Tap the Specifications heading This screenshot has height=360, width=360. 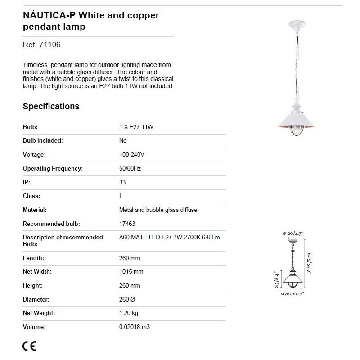click(x=51, y=107)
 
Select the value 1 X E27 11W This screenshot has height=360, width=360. click(x=136, y=127)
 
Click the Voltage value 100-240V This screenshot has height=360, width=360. click(x=132, y=155)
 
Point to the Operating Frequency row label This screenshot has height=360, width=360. click(x=53, y=169)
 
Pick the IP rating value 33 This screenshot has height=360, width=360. click(x=122, y=182)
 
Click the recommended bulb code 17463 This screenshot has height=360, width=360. click(x=127, y=224)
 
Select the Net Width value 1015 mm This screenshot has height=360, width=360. click(x=131, y=272)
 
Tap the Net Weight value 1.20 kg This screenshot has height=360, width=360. click(x=129, y=313)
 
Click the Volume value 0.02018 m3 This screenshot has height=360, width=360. click(x=135, y=327)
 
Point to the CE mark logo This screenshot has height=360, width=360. click(x=29, y=346)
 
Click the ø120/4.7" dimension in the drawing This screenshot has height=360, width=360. click(x=293, y=233)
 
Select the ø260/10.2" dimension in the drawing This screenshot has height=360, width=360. click(x=293, y=294)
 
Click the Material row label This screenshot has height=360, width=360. click(x=35, y=210)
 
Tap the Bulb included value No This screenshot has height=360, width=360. click(x=123, y=141)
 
